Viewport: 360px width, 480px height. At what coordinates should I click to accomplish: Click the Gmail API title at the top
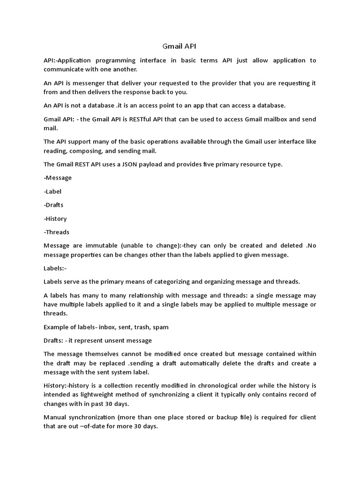(180, 46)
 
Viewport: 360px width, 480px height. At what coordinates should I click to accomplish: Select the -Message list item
(58, 178)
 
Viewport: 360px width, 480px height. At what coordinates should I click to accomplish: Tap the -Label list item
(52, 191)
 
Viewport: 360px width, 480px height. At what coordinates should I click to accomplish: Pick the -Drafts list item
(53, 205)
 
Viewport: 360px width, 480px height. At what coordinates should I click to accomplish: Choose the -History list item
(55, 218)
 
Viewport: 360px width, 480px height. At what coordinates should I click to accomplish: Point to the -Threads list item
(56, 232)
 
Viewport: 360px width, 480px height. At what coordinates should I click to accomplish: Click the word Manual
(55, 417)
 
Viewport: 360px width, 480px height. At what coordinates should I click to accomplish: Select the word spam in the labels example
(161, 327)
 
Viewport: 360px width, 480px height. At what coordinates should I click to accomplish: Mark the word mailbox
(273, 119)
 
